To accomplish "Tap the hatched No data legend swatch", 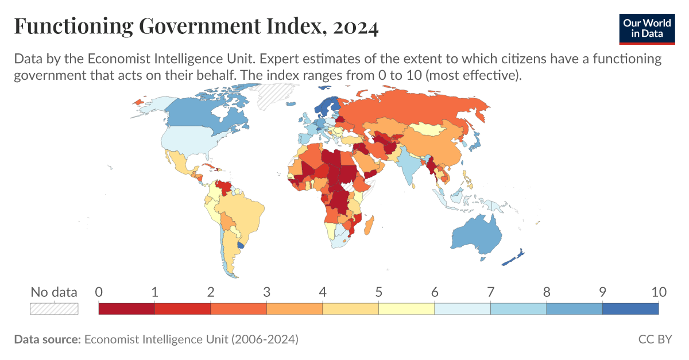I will (x=54, y=308).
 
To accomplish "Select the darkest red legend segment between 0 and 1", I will (x=127, y=308).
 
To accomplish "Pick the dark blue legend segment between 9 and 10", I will (x=630, y=308).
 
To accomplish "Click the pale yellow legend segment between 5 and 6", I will (x=407, y=308).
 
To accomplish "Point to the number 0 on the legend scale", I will (x=99, y=292).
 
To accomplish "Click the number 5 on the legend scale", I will (x=378, y=292).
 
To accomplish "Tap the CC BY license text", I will (x=655, y=339).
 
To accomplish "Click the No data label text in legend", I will (x=54, y=292).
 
